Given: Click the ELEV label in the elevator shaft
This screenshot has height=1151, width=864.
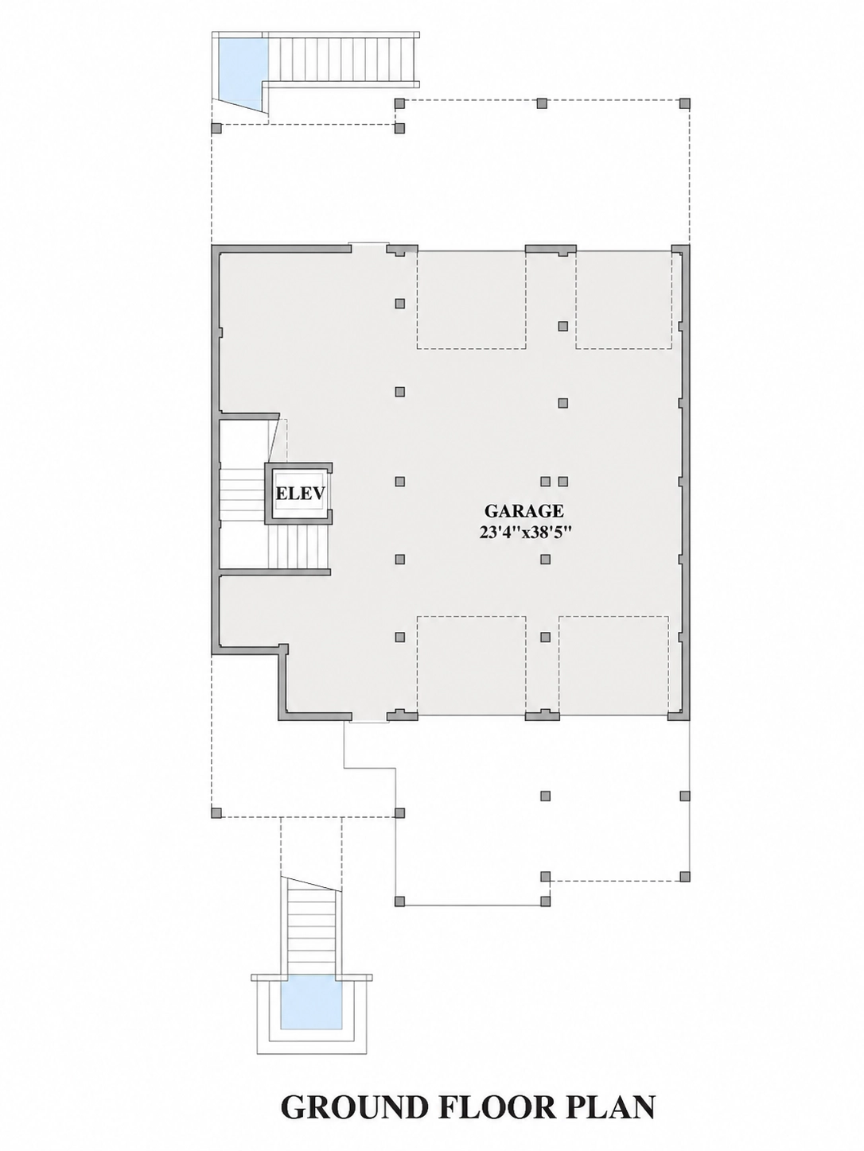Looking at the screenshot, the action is coord(300,493).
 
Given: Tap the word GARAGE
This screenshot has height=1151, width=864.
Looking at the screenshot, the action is coord(523,510).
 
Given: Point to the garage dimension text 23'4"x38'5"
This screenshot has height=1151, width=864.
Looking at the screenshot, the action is coord(524,533).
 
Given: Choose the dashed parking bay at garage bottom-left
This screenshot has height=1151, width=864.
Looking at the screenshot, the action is coord(471,666).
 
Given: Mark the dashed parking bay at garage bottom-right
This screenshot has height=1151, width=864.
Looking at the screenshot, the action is coord(613,666).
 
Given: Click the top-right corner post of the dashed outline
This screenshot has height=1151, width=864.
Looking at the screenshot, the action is coord(684,103).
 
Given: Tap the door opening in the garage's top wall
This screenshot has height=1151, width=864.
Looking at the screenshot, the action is coord(369,245).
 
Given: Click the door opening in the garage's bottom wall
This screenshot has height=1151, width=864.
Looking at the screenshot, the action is coord(369,719).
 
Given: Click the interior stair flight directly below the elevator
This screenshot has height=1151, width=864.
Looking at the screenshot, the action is coord(298,546).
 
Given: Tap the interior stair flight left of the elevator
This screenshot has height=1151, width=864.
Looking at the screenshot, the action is coord(243,494).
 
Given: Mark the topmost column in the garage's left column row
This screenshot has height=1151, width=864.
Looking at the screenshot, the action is coord(399,303).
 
